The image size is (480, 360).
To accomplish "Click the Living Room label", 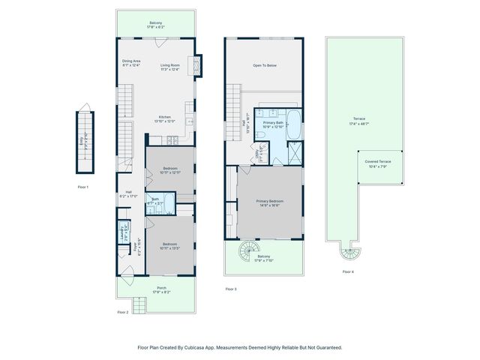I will [171, 65].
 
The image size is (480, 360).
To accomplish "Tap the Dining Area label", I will [132, 61].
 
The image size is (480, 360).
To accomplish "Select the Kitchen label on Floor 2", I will [164, 117].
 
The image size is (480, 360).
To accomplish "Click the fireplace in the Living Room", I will [198, 65].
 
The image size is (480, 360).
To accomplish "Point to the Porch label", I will [160, 289].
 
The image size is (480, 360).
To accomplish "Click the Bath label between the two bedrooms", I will [155, 199].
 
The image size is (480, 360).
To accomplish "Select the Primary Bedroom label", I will [269, 201].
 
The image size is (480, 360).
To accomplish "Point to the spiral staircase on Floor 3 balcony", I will [247, 248].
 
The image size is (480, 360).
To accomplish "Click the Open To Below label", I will [265, 66].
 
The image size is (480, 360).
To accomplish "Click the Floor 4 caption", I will [348, 271].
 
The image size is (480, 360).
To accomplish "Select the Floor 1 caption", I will [83, 187].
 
